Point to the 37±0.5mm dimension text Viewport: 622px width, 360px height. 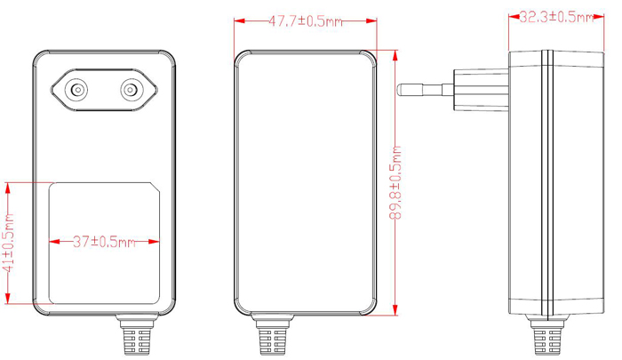(x=104, y=241)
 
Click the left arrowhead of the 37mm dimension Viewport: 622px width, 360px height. (x=52, y=241)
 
